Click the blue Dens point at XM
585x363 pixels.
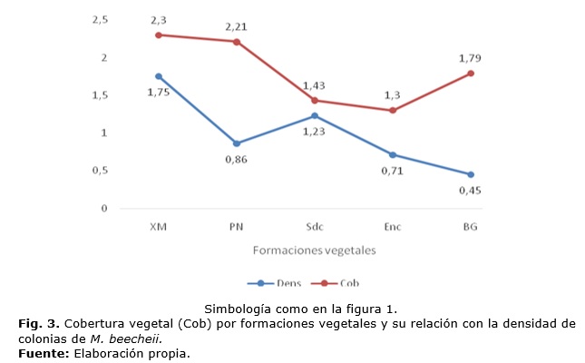click(x=159, y=76)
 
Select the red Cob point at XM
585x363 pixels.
click(x=159, y=34)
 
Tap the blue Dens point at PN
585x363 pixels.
click(x=237, y=143)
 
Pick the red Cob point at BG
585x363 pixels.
click(x=471, y=73)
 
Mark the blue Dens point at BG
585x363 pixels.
click(x=471, y=174)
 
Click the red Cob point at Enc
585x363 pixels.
click(x=393, y=111)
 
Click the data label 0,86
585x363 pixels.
click(x=236, y=160)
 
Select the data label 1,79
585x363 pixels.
click(x=471, y=57)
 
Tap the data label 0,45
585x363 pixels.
click(x=472, y=191)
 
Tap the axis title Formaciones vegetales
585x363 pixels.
click(x=314, y=246)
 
